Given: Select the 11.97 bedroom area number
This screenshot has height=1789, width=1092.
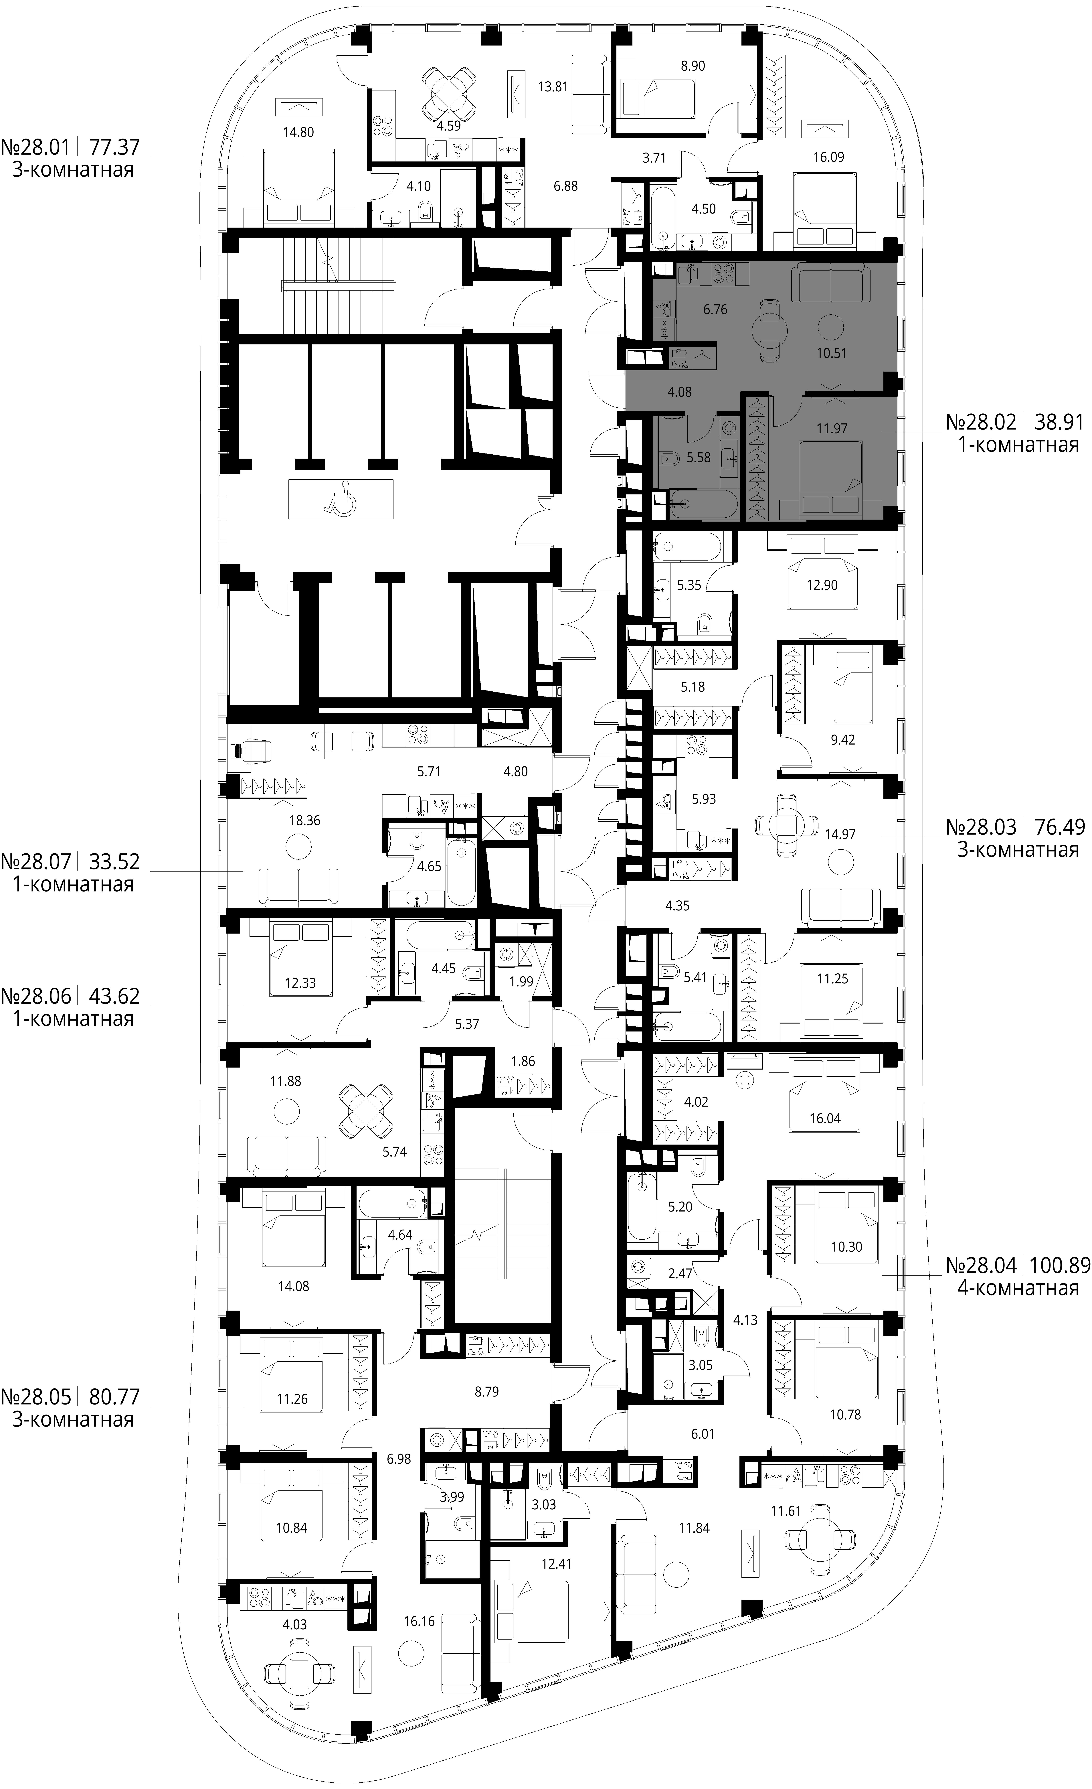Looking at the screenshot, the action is click(831, 428).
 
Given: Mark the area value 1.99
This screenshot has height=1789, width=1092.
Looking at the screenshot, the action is click(521, 982).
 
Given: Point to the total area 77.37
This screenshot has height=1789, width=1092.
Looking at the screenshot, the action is click(114, 148).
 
